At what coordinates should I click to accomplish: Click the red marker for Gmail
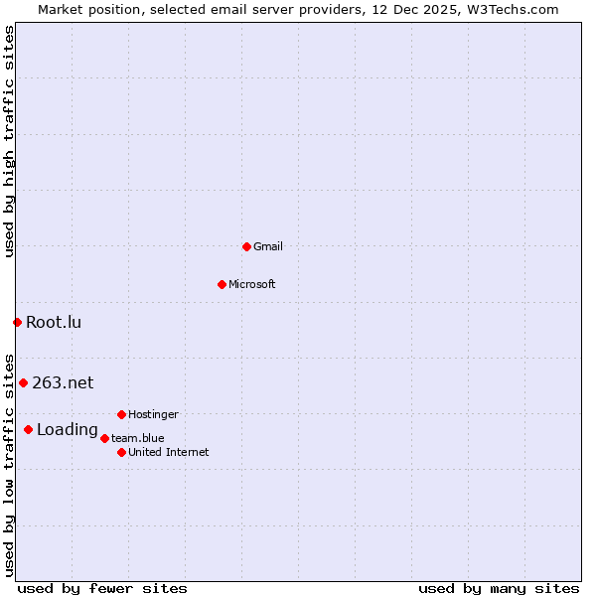coord(246,246)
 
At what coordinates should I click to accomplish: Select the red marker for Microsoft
coord(222,284)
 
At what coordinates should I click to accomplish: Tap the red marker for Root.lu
coord(17,322)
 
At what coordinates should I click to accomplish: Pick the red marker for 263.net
coord(23,382)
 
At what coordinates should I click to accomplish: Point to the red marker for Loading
coord(28,429)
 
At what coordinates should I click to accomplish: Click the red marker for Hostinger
coord(121,414)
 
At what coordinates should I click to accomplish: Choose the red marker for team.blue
coord(104,438)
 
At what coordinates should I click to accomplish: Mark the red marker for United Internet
coord(121,452)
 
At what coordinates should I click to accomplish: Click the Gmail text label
coord(268,246)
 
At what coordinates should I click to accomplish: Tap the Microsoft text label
coord(252,284)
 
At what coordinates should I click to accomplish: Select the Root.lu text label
coord(54,322)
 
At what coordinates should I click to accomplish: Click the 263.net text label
coord(63,382)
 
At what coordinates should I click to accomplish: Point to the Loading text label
coord(68,430)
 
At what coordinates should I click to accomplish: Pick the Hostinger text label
coord(153,414)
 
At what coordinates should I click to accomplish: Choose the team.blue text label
coord(138,438)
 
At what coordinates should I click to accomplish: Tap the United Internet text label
coord(169,452)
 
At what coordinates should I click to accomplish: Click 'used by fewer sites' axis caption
coord(102,588)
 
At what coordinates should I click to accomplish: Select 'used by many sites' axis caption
coord(499,588)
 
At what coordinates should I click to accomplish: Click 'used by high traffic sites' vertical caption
coord(9,141)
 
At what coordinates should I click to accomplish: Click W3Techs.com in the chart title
coord(514,9)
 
